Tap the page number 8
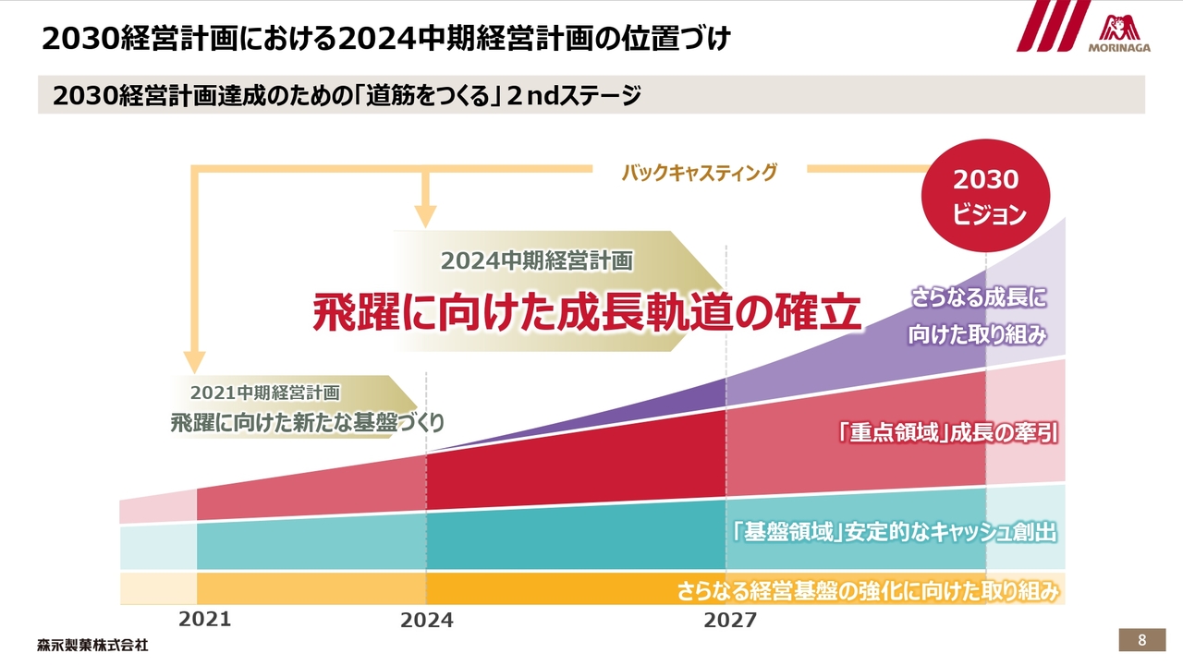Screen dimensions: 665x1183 [1142, 640]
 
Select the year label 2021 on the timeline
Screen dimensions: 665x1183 [204, 620]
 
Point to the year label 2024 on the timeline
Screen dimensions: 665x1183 [426, 621]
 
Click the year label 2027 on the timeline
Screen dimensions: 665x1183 [729, 621]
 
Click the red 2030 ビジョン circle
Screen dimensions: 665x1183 [985, 197]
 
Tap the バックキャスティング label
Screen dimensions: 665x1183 [699, 172]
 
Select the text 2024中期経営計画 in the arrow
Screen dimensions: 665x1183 [536, 260]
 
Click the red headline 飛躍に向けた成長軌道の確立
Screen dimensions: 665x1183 [587, 312]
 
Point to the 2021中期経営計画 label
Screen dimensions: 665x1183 [265, 393]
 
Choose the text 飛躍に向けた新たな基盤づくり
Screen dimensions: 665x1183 [307, 423]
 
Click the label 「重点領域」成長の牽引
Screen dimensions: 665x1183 [946, 432]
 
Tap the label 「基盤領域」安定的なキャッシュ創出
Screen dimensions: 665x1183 [892, 533]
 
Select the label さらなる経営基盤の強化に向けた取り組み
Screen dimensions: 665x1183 [867, 591]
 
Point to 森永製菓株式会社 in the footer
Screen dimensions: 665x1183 [92, 645]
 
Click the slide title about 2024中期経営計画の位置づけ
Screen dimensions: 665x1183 [386, 39]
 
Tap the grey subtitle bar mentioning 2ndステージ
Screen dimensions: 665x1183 [591, 95]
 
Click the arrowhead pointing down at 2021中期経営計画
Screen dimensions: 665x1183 [194, 360]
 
